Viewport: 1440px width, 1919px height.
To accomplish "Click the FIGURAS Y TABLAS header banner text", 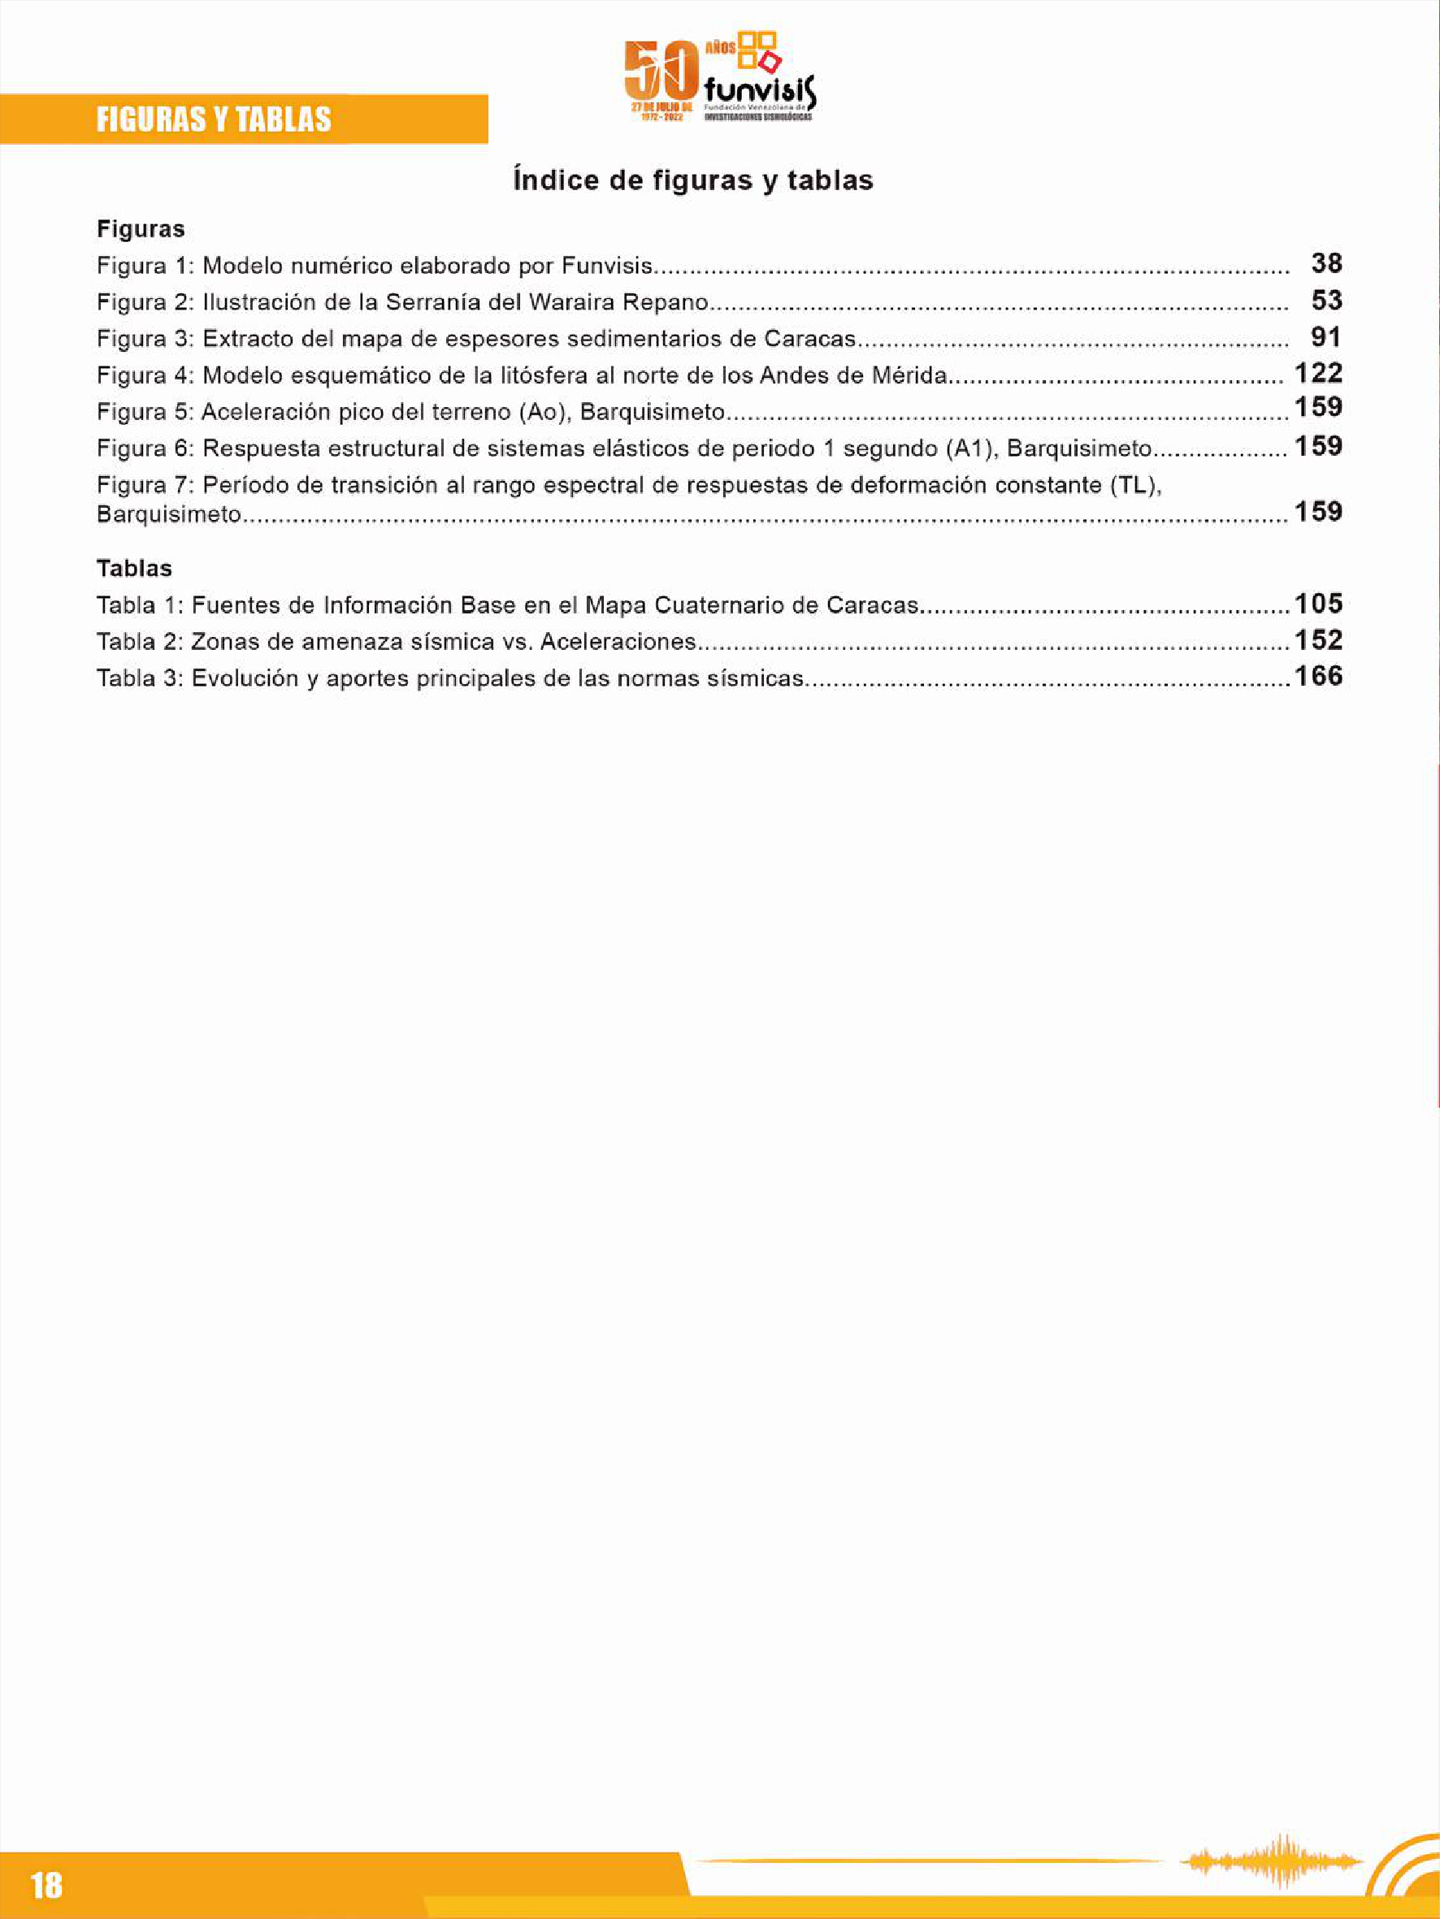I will pos(214,119).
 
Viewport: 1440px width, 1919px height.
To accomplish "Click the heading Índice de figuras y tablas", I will pos(692,180).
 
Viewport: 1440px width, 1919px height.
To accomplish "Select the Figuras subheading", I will pos(141,229).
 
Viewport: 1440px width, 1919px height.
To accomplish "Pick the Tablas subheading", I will pos(135,568).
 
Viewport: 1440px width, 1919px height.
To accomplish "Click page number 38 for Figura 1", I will pos(1326,264).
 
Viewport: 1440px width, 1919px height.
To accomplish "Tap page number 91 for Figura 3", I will pos(1326,337).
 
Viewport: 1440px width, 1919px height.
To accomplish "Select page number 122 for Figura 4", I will pos(1318,374).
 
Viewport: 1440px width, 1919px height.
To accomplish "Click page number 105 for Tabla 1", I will pos(1318,604).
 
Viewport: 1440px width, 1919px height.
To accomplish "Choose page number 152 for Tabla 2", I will pos(1318,640).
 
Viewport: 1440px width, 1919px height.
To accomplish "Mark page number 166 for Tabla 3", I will pos(1318,677).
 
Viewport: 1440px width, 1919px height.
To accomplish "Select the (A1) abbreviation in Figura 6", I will pos(970,448).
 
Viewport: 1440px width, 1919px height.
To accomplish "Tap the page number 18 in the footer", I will pos(47,1884).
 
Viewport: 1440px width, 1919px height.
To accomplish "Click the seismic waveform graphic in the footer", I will pos(1272,1860).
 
